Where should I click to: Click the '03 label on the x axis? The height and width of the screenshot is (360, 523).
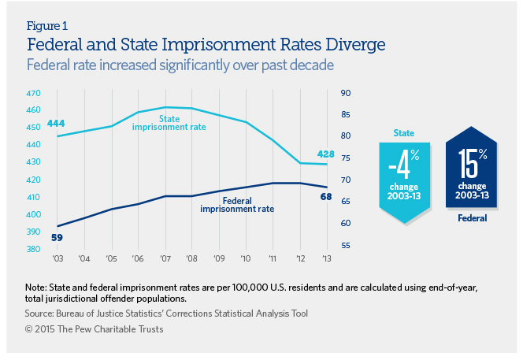(x=58, y=259)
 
